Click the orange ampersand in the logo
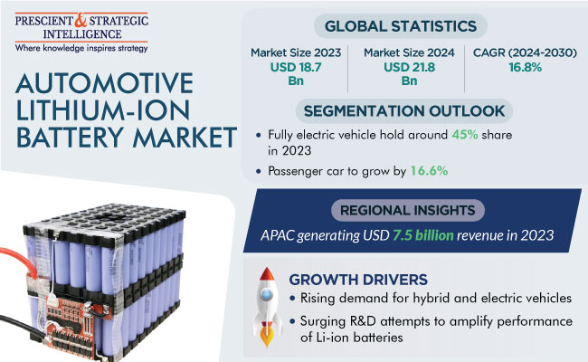81,20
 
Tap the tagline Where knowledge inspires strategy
81,48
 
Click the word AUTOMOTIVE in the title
104,83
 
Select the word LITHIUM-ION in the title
103,110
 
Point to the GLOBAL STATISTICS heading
401,26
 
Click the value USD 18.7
296,67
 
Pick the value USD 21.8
409,67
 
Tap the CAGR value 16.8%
525,67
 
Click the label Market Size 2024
409,52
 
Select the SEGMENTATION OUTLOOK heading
404,111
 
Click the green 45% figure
465,135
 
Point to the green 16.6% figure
429,171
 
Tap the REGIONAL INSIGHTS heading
408,210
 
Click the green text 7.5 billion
423,235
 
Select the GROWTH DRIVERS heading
358,280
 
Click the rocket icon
267,308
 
